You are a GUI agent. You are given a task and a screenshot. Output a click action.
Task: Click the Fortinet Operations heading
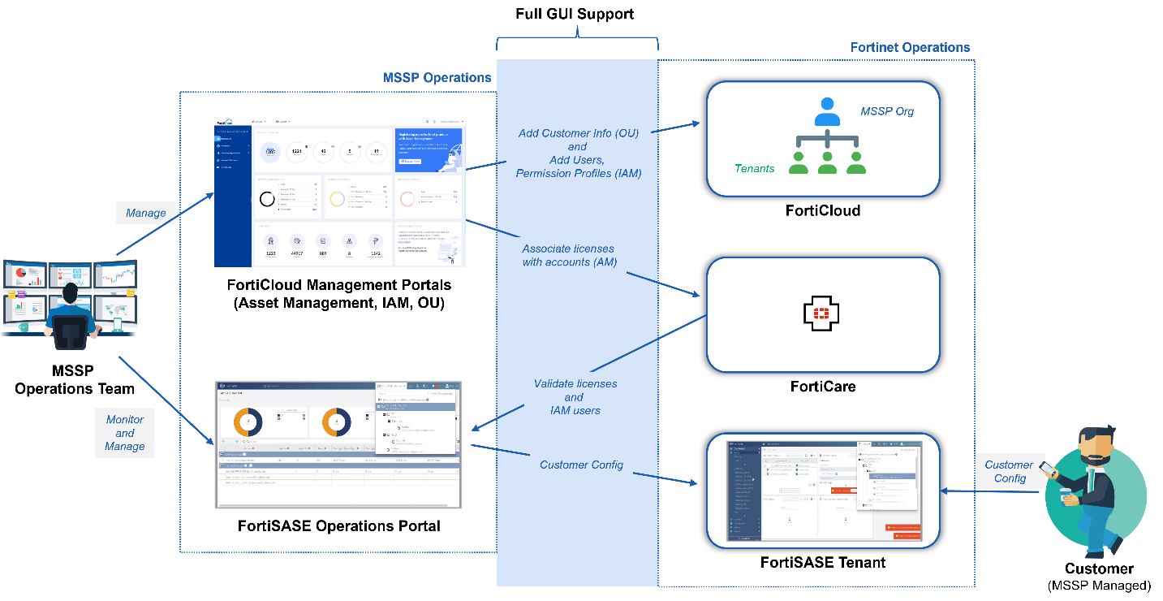coord(910,47)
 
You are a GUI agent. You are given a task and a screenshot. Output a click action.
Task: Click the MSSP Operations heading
coord(437,78)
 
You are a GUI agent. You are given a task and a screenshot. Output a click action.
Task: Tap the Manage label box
coord(145,214)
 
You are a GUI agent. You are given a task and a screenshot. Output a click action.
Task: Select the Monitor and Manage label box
coord(124,433)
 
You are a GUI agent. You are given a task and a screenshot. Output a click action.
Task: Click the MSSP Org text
coord(887,111)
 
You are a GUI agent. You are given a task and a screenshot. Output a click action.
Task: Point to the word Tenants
coord(754,168)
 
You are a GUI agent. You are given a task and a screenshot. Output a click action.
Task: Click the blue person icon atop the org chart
coord(827,112)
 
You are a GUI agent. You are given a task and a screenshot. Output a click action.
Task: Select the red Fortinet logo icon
coord(821,313)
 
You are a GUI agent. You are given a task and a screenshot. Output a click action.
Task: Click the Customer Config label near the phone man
coord(1009,472)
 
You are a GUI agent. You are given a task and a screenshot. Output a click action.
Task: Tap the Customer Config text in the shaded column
coord(581,465)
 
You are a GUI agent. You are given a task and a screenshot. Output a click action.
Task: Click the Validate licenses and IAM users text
coord(575,397)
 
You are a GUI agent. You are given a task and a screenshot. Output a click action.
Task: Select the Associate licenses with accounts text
coord(568,255)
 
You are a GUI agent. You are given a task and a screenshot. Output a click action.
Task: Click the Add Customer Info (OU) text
coord(577,133)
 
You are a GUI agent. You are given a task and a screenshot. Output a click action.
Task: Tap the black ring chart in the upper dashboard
coord(267,199)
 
